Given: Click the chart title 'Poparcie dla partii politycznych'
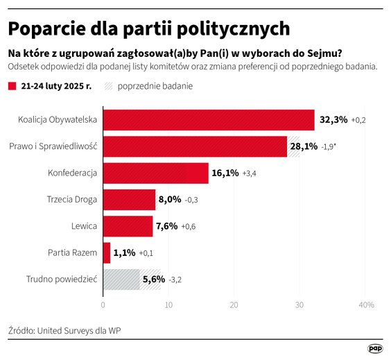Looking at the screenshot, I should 148,28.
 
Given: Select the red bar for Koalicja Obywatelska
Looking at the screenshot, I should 208,120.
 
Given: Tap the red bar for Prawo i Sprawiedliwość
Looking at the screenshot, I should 195,146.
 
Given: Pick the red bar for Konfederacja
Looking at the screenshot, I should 155,173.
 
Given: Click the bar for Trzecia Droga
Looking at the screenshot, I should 129,200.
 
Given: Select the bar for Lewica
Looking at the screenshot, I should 128,226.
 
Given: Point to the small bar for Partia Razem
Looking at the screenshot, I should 107,252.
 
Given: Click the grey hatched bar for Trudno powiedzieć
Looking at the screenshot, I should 132,279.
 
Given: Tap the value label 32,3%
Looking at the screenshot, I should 333,120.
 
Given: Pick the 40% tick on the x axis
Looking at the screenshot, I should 365,305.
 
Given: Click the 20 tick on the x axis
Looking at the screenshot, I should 234,305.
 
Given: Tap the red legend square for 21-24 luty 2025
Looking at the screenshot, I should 12,87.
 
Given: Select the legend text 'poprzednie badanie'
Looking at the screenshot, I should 155,87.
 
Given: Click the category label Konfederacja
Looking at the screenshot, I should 72,173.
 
